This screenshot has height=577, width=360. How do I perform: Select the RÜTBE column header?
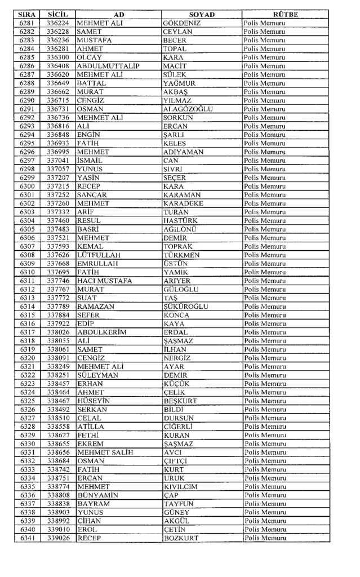point(285,14)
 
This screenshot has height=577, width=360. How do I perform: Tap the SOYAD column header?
point(201,14)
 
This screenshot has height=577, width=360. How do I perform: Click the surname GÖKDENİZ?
point(181,23)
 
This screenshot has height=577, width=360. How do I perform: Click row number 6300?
point(27,186)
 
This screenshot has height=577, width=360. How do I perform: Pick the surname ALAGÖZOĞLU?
point(188,109)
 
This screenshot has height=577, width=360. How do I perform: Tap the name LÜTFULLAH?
point(99,255)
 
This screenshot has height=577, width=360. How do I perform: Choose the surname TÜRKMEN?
point(181,255)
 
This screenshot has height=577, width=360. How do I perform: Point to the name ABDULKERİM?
point(101,332)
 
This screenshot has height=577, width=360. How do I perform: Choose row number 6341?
point(27,538)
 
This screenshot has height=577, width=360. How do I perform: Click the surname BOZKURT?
point(181,538)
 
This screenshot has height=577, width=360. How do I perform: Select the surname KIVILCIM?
point(181,486)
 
